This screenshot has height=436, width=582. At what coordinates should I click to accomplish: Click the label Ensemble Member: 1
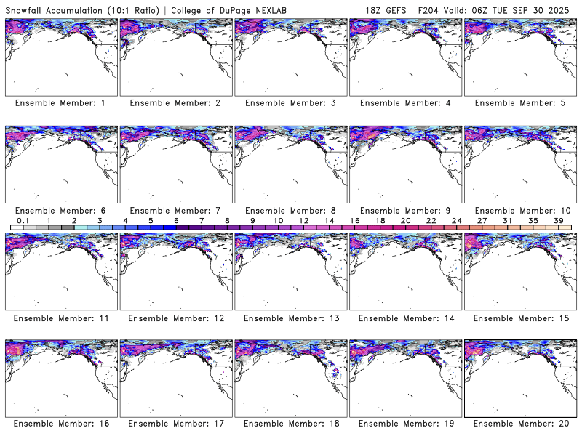[x=60, y=103]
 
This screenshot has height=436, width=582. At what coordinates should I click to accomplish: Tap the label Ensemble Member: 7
[x=175, y=211]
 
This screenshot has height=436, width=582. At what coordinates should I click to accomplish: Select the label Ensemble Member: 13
[x=290, y=318]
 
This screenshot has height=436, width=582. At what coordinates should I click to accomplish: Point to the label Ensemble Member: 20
[x=520, y=424]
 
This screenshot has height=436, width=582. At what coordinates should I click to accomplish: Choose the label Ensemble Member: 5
[x=519, y=103]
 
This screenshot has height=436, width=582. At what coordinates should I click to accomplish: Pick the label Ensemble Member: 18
[x=290, y=424]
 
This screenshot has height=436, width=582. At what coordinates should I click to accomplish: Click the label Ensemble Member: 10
[x=520, y=211]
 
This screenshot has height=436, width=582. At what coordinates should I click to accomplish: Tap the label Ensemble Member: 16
[x=60, y=424]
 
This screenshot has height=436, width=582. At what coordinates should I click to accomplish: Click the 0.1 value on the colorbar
[x=23, y=220]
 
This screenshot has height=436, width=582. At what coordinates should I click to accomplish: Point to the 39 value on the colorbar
[x=558, y=220]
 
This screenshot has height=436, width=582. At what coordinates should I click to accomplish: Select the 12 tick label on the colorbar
[x=303, y=220]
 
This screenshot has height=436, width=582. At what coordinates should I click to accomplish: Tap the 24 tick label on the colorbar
[x=456, y=220]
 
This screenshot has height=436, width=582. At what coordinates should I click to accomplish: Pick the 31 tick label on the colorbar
[x=507, y=220]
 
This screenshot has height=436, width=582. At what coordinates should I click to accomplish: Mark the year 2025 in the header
[x=563, y=7]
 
